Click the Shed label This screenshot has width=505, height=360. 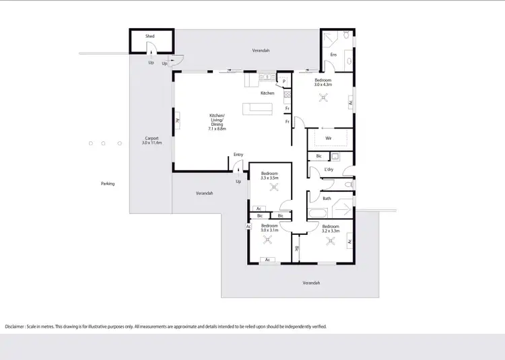click(150, 36)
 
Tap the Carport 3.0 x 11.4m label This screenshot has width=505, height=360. click(151, 141)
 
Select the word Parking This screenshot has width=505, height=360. click(108, 183)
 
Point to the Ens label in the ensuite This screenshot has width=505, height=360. click(333, 55)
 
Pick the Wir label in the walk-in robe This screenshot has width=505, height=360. click(328, 139)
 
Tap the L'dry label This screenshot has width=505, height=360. click(329, 170)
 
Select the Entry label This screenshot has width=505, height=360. click(238, 155)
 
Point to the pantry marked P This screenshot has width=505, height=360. click(284, 81)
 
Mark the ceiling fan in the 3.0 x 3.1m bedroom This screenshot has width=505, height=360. click(269, 239)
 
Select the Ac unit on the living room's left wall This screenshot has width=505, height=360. click(177, 121)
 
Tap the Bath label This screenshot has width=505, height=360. click(327, 199)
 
